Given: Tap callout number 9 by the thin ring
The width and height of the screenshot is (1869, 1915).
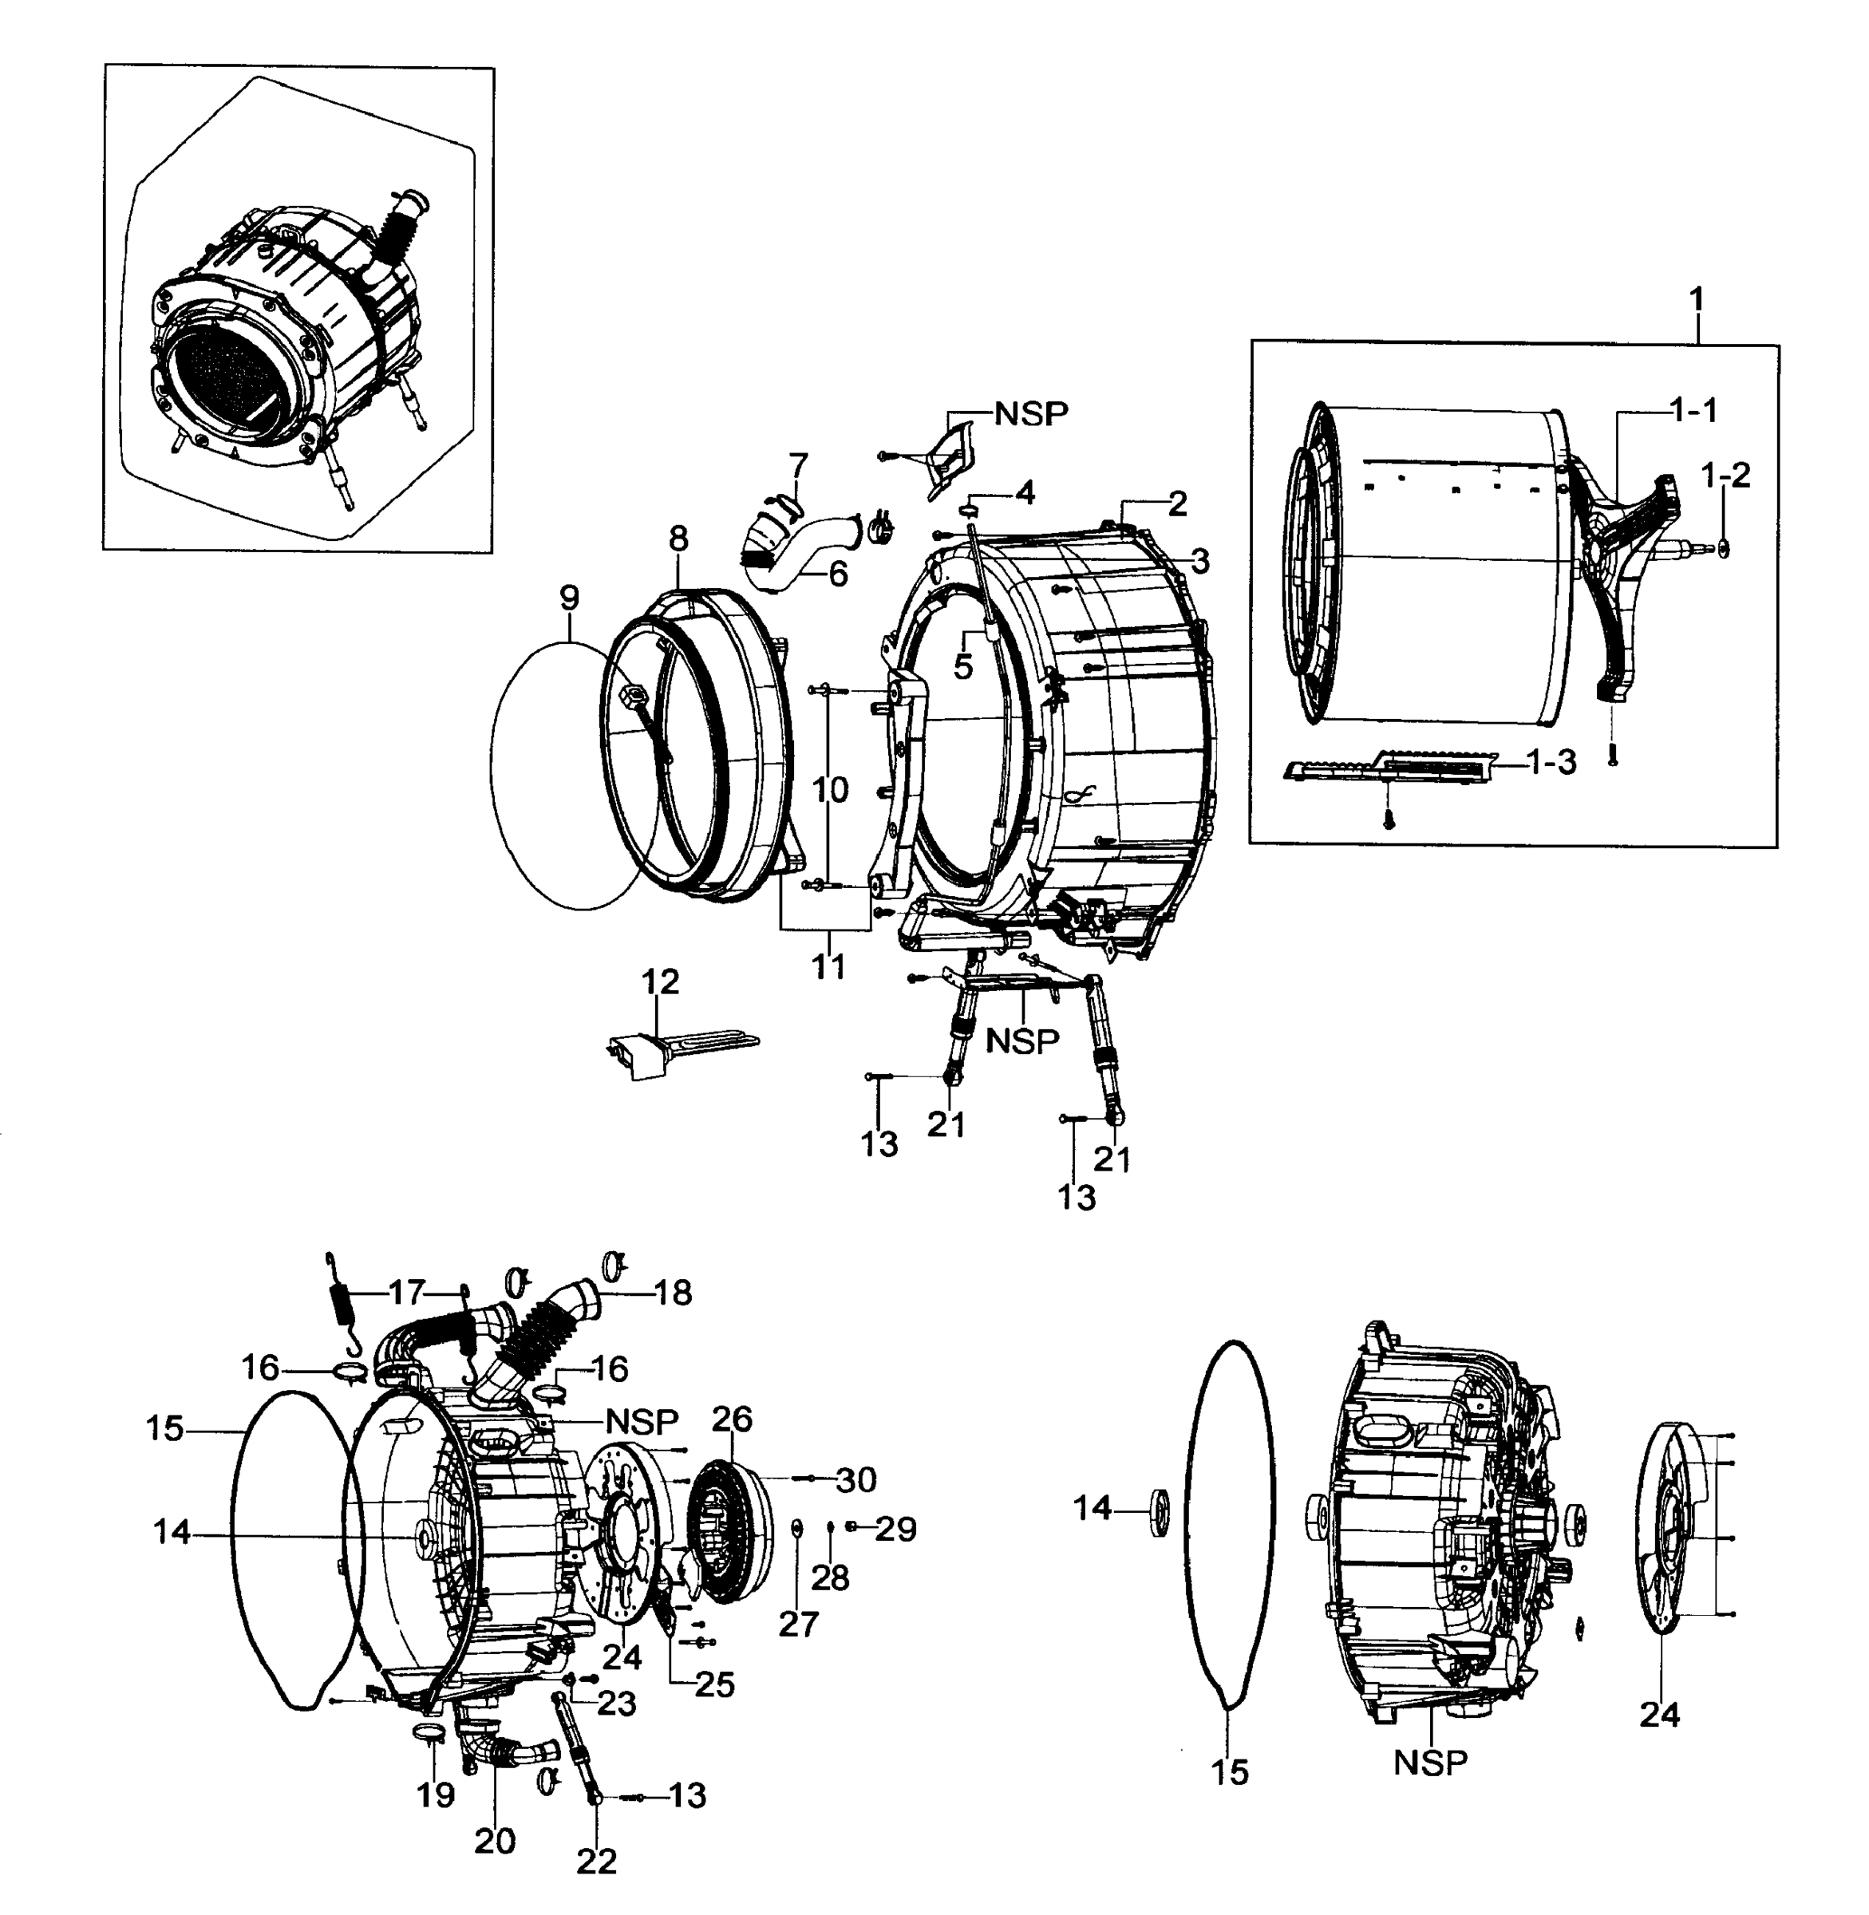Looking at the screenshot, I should click(569, 597).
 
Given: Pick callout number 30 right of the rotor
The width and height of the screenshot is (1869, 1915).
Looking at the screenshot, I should click(856, 1479).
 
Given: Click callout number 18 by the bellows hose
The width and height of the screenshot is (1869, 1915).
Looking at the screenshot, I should click(674, 1293).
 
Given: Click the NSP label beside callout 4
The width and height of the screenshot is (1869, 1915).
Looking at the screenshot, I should click(1031, 414).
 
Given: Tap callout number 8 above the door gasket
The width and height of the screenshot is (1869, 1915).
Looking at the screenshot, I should click(678, 538).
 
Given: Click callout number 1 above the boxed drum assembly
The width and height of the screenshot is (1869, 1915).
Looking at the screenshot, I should click(1697, 298).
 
